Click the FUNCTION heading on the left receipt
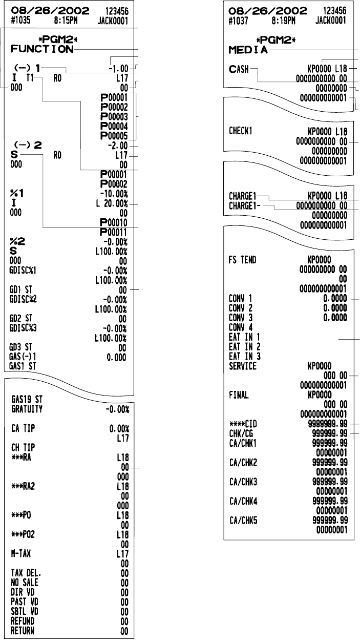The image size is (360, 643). click(41, 49)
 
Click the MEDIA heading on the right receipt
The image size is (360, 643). click(247, 50)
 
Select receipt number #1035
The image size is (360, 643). click(19, 21)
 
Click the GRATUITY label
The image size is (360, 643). click(27, 410)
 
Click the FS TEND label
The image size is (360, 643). click(243, 260)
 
